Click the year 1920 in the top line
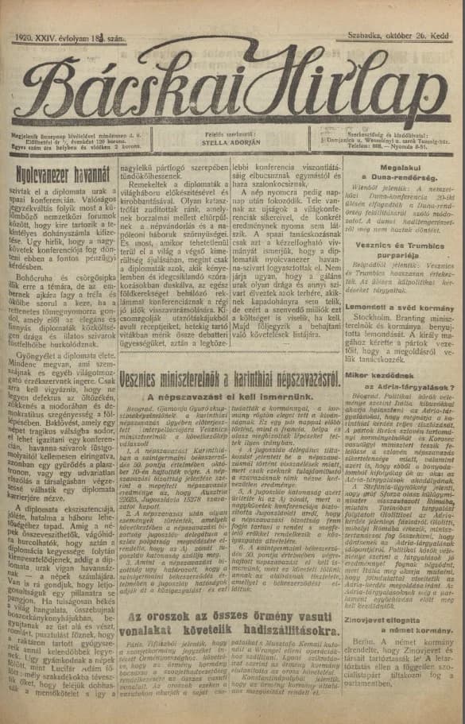27,37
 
